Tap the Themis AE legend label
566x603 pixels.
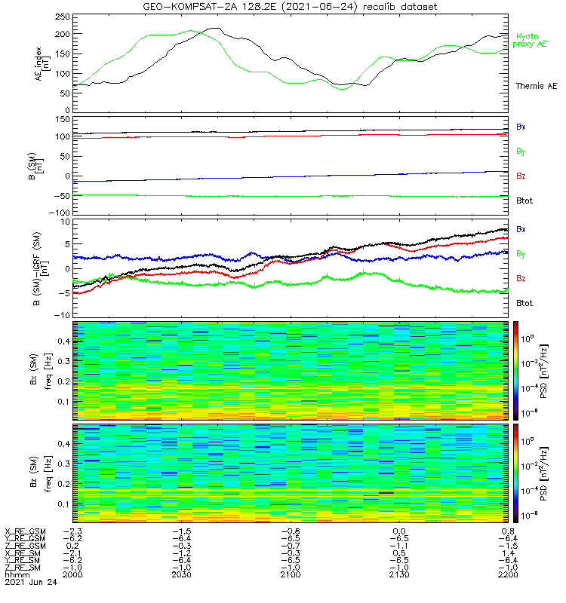pyautogui.click(x=535, y=86)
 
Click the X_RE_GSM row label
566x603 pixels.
pyautogui.click(x=25, y=531)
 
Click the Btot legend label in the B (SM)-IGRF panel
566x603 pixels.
pyautogui.click(x=524, y=302)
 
